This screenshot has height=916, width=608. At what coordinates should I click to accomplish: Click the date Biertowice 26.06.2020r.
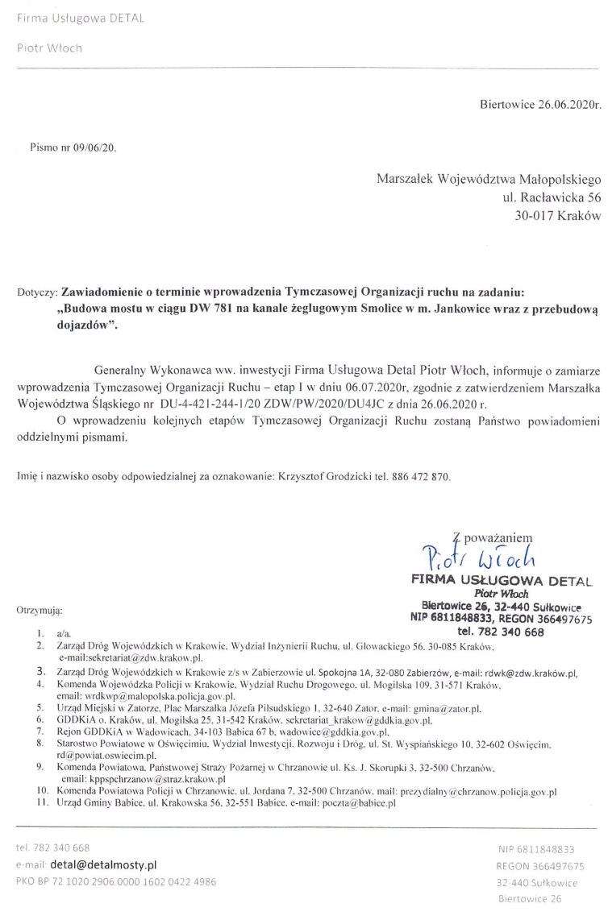pyautogui.click(x=541, y=105)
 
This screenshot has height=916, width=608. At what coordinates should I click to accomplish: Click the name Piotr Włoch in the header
pyautogui.click(x=49, y=48)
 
